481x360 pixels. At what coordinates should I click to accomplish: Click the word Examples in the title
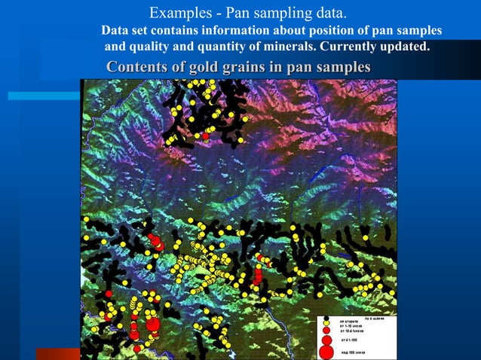[177, 13]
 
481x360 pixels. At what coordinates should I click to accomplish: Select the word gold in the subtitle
[199, 67]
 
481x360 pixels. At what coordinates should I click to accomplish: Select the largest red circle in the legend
[326, 351]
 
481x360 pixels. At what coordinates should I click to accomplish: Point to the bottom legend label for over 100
[353, 352]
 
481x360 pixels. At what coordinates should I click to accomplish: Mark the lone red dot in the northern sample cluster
[205, 136]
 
